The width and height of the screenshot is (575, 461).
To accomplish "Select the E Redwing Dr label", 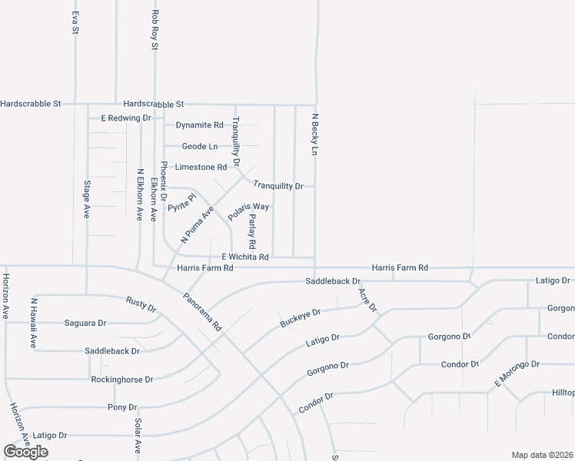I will coord(126,118).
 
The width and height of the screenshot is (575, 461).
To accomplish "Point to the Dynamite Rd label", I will coord(199,124).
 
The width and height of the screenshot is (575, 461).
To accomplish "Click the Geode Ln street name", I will coord(200,146).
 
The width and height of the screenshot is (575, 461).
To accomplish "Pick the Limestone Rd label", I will coord(201,167).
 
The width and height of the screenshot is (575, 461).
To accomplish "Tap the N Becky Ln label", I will coord(314,135).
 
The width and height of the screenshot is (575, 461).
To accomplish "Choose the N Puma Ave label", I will coord(197,224).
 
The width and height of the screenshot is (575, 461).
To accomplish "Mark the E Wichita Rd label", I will coord(244,257).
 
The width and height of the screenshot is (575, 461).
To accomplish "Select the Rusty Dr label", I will coord(141,304).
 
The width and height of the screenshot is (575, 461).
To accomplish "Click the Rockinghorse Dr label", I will coord(122,380).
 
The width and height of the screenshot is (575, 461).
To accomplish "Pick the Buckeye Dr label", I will coord(300,318).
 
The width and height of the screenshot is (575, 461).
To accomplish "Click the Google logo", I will coord(25,451).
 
